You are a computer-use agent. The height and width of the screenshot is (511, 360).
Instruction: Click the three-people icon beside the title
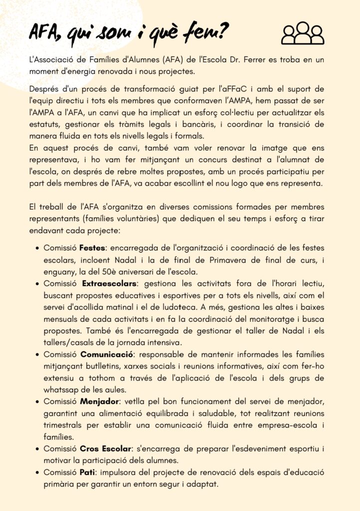(303, 33)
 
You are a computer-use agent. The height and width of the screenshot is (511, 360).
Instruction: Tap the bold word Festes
(94, 248)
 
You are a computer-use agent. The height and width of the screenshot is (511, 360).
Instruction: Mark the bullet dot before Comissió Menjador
(38, 402)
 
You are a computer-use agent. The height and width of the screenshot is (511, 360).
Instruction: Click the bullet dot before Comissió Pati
(38, 472)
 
